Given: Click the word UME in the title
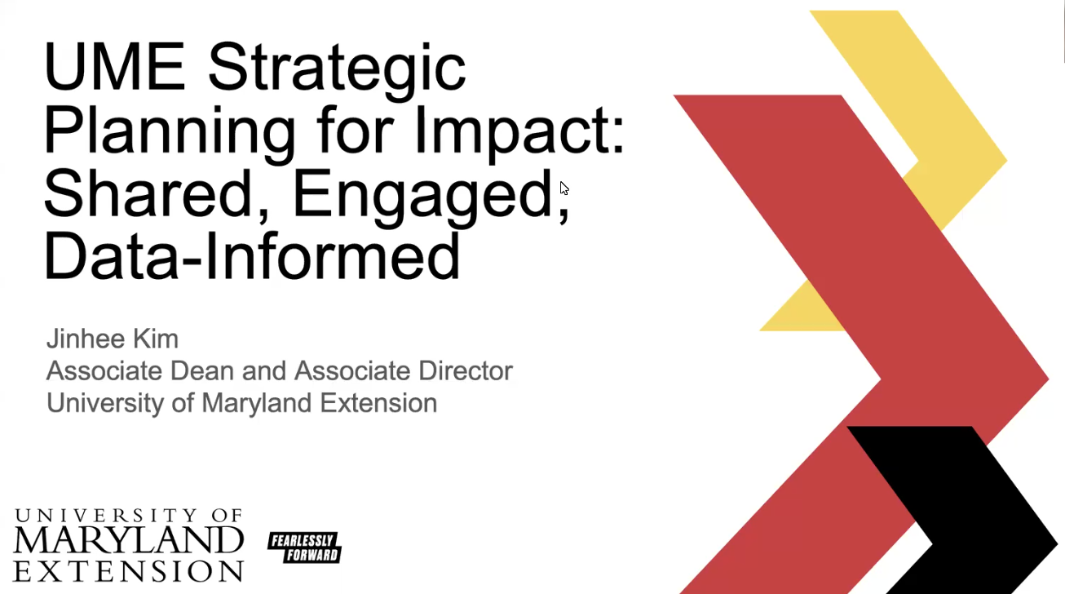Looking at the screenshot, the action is point(114,67).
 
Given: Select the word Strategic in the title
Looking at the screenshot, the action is point(337,71).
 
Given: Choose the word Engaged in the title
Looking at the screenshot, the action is point(422,198).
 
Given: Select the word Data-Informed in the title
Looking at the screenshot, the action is point(252,256).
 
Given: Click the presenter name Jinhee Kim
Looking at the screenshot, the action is point(113,339).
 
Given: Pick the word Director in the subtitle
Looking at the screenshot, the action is point(466,370).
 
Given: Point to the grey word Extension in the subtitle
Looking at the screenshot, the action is point(378,403).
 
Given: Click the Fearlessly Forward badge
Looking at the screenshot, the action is point(304,547).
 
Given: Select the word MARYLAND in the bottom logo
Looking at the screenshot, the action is point(128,540).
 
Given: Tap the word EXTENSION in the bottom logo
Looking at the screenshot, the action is point(128,571).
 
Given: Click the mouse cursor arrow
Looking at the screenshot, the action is point(563,188).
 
